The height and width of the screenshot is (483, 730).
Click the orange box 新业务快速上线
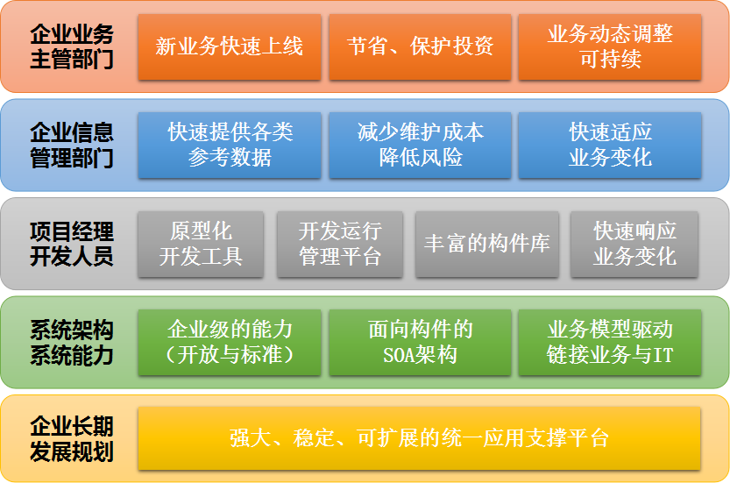pos(229,46)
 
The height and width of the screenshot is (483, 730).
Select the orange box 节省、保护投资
pos(420,46)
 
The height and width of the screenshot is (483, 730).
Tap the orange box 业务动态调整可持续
pos(610,46)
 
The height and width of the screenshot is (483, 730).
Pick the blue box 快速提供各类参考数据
pos(229,145)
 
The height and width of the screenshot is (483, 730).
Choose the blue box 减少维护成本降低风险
pos(420,145)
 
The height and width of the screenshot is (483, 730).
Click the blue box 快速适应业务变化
pos(610,145)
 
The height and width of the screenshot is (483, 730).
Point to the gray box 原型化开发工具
pos(201,244)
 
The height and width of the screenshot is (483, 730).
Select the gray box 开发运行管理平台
pos(340,244)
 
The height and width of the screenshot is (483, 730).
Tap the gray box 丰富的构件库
pos(487,244)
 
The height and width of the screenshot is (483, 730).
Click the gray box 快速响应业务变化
pos(634,244)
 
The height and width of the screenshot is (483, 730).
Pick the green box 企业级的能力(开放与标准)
pos(229,343)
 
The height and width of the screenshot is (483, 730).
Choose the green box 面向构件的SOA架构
pos(420,343)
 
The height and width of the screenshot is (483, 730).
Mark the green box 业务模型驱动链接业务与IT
pos(610,343)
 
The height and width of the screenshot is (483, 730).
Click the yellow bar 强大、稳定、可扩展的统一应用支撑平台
pos(419,438)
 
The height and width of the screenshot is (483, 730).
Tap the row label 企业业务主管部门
pos(72,46)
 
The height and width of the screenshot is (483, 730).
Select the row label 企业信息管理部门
pos(72,145)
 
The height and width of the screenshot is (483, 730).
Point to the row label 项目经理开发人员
pos(72,244)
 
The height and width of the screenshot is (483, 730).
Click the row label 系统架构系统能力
pos(72,343)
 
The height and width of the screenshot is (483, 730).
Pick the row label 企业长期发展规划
pos(72,439)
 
